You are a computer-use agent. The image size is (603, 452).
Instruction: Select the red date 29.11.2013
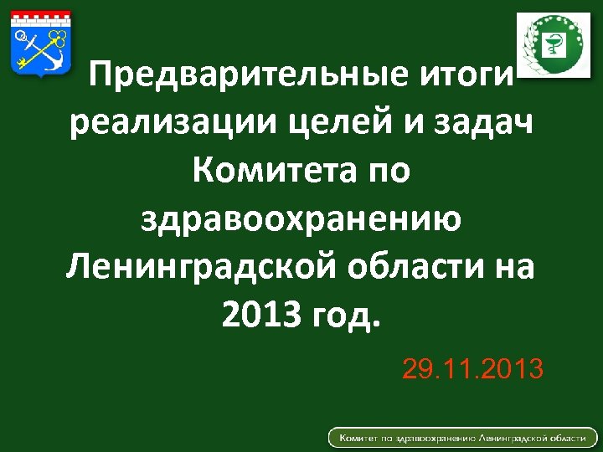(472, 367)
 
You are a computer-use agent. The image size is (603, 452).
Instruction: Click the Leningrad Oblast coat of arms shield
(40, 46)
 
